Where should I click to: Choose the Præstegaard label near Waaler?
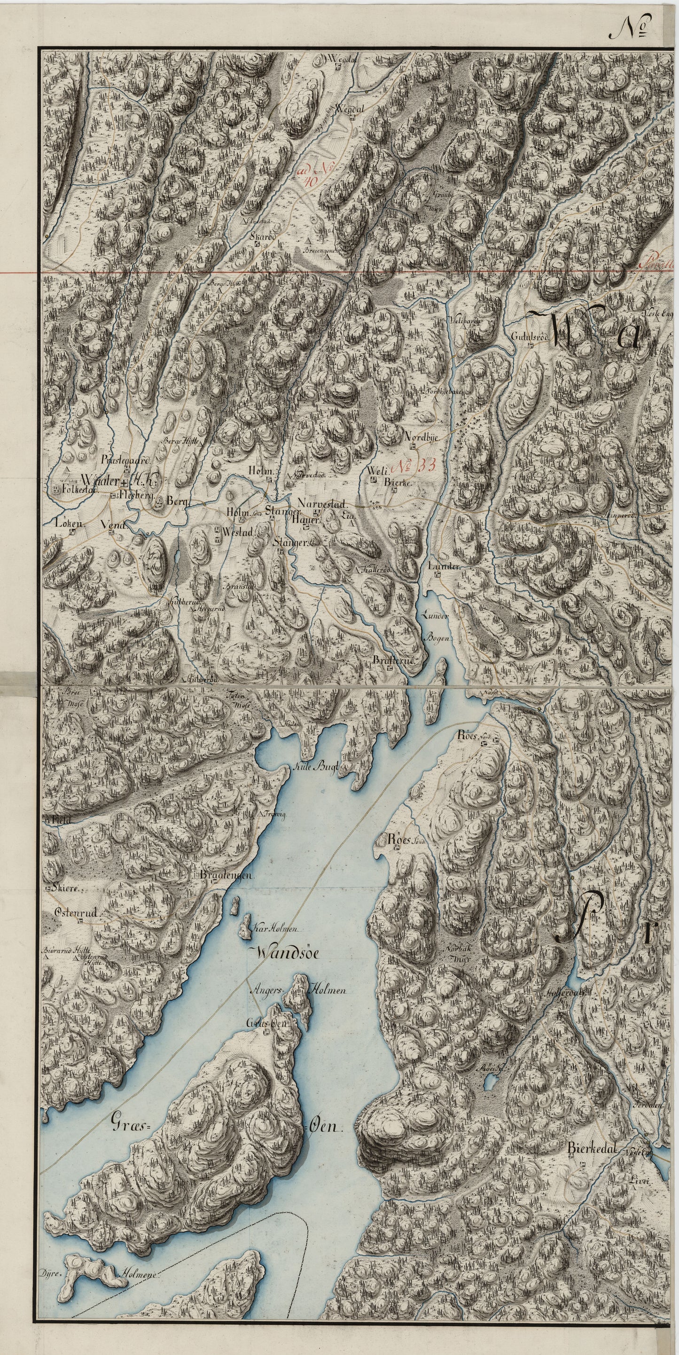click(127, 459)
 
